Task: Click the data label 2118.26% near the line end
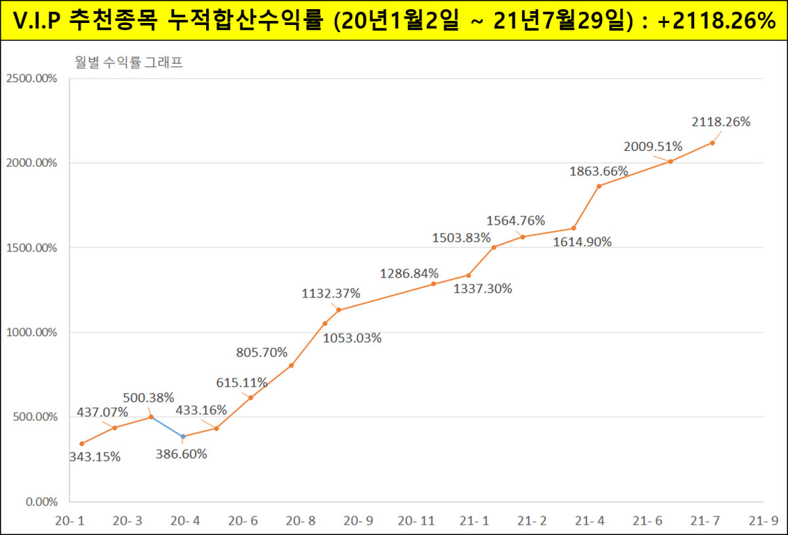[721, 121]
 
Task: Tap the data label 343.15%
[95, 457]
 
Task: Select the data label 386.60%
[181, 454]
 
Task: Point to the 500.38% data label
[148, 397]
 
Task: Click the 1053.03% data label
[352, 338]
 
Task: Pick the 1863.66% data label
[599, 171]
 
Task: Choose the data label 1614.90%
[582, 242]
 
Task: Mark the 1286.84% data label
[409, 273]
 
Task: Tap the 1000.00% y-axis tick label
[31, 332]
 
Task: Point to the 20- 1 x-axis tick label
[69, 521]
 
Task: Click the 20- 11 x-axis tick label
[417, 521]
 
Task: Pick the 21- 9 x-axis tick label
[764, 521]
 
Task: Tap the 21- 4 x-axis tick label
[590, 521]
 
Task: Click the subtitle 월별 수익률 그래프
[128, 63]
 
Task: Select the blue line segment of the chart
[167, 427]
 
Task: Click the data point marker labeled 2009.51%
[670, 161]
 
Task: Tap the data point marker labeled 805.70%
[291, 366]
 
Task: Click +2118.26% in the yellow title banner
[716, 20]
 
